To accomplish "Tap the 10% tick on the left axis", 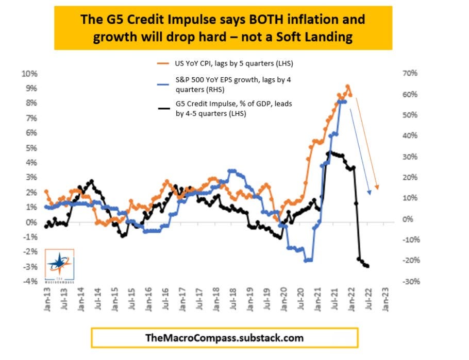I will [29, 74].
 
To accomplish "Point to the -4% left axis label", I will [29, 282].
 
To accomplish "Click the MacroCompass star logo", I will [59, 263].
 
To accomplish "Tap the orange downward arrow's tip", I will [377, 188].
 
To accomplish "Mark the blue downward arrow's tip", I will [369, 194].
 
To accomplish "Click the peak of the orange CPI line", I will [347, 86].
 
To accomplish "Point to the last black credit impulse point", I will [367, 266].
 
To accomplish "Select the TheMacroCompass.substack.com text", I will [224, 338].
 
